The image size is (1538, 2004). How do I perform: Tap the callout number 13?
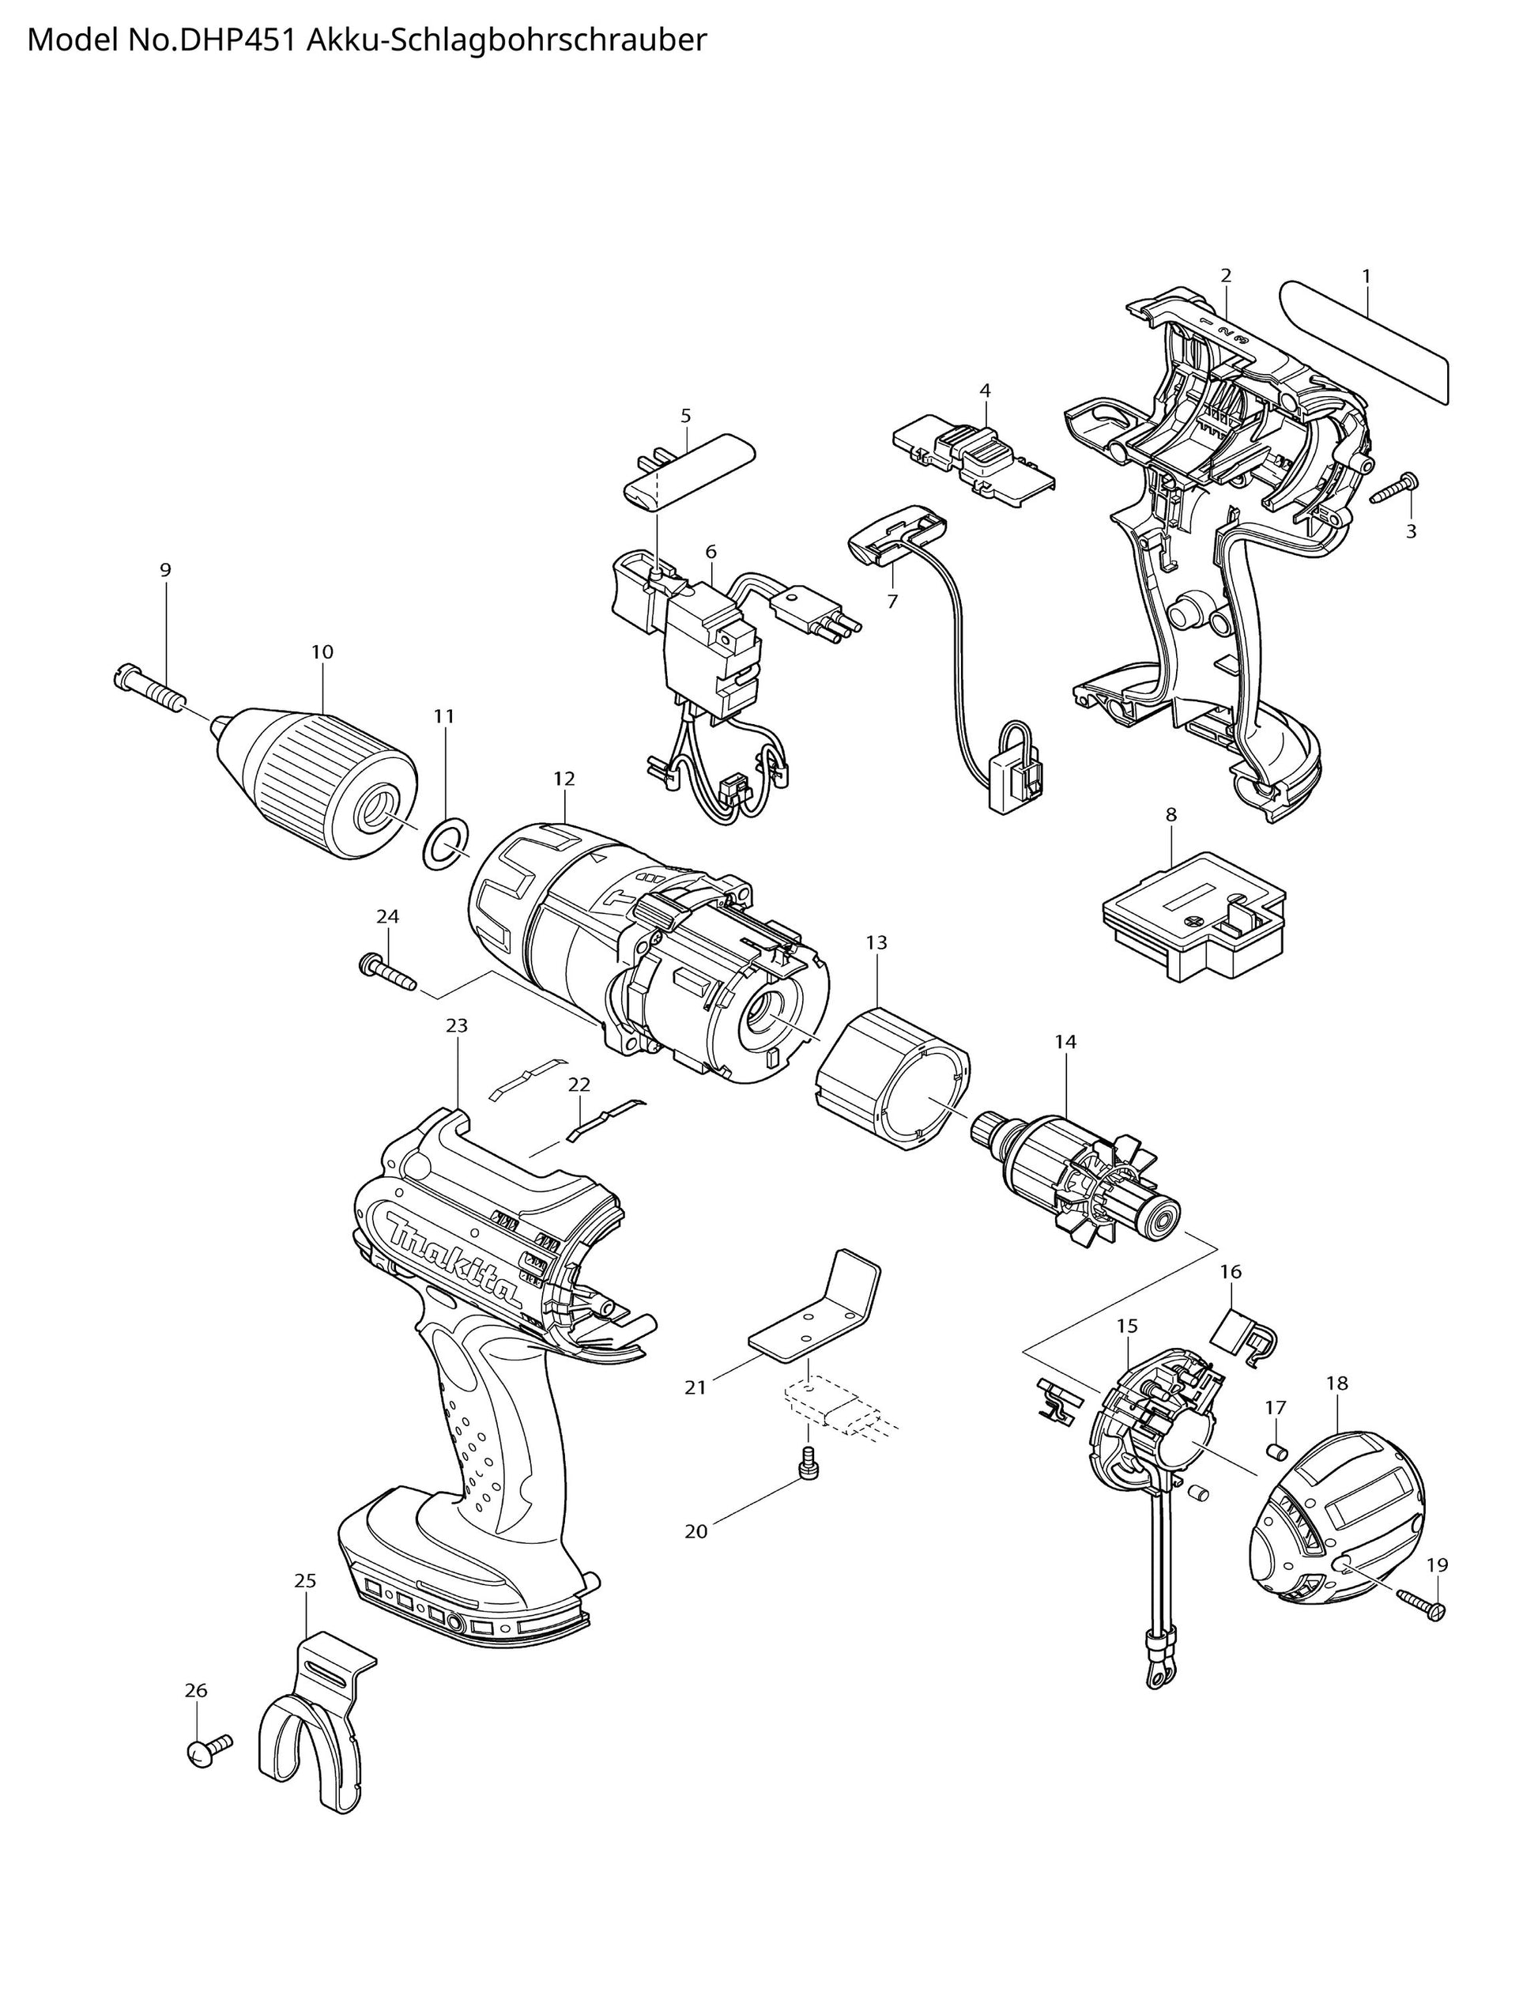click(876, 942)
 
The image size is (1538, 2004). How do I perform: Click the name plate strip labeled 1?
click(1364, 341)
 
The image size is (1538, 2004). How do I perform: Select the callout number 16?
click(1231, 1272)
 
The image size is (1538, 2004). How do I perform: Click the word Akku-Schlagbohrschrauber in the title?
click(505, 41)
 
